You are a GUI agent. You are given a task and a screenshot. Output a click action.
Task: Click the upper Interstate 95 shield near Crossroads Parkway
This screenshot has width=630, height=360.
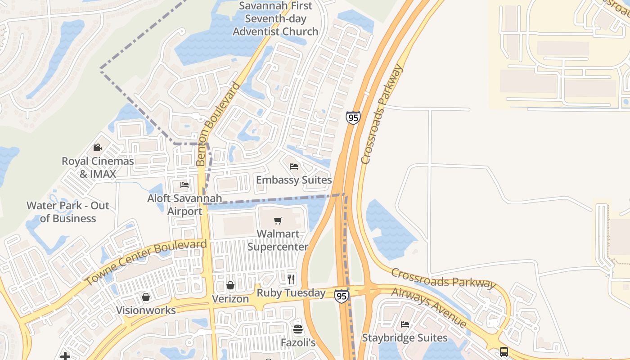(x=353, y=117)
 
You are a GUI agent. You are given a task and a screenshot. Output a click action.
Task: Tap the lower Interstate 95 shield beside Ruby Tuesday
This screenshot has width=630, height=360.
(x=341, y=296)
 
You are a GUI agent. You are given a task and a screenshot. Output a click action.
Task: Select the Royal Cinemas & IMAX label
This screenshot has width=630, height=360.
(x=98, y=167)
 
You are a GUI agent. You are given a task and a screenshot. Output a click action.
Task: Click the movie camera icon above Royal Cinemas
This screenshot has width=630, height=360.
(x=97, y=147)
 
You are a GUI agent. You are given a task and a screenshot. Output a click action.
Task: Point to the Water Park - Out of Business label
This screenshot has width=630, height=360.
(x=68, y=212)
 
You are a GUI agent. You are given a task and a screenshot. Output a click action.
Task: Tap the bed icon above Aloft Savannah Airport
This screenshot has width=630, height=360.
(x=184, y=184)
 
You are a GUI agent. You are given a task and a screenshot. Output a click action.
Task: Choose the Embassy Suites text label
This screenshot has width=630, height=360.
(x=294, y=180)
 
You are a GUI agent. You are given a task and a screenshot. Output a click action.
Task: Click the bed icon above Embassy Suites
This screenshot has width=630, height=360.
(x=294, y=166)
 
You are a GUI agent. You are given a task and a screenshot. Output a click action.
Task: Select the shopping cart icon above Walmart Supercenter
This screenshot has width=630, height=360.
(x=278, y=220)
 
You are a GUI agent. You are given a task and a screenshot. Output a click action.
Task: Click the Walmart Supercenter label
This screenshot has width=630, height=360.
(x=278, y=240)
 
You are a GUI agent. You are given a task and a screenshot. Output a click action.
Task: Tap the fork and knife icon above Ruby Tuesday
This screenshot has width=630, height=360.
(x=291, y=279)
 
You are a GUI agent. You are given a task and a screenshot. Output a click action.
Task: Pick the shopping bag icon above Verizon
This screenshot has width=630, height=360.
(x=230, y=285)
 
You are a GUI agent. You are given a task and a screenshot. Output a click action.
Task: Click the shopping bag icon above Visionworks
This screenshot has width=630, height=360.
(x=146, y=297)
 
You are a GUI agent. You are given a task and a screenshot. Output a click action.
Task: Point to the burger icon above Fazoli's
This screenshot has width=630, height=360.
(x=297, y=329)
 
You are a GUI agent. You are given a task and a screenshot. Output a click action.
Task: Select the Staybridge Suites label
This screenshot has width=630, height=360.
(x=405, y=337)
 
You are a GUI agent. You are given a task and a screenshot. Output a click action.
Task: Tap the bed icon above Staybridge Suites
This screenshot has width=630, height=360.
(x=405, y=324)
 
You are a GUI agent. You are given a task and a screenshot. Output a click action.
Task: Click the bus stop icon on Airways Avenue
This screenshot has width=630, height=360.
(x=504, y=352)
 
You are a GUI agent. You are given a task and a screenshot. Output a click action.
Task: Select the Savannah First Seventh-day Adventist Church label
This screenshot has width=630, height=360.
(x=275, y=19)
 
